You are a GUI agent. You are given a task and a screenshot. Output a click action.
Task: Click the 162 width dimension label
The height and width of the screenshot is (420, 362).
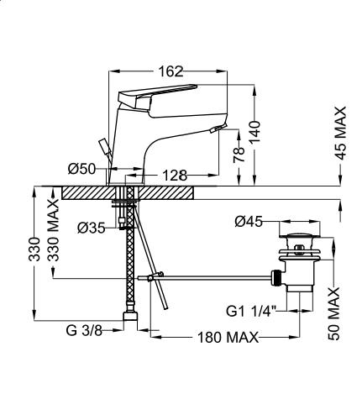coord(171,71)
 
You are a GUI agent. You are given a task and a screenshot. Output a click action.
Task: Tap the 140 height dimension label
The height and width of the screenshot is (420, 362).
coord(254,132)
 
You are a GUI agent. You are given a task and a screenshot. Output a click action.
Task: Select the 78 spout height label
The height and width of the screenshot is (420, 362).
coord(239,155)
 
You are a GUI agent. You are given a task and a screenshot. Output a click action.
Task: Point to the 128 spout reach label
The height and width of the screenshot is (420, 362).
coord(175,176)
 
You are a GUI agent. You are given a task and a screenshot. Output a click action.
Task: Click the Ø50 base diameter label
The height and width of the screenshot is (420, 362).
coord(81,169)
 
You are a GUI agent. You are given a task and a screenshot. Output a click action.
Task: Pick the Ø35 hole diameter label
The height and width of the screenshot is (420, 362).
coord(92,228)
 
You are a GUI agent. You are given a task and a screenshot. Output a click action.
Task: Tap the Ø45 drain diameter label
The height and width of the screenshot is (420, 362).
coord(249,222)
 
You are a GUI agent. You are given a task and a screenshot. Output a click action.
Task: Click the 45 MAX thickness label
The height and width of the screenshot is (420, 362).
coord(340,134)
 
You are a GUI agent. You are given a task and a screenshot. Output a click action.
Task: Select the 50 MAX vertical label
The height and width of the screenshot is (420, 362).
coord(333,313)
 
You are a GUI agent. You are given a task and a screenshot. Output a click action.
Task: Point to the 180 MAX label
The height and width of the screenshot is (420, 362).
coord(228,338)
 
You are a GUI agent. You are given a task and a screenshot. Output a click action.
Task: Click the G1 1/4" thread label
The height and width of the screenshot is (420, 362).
coord(251,312)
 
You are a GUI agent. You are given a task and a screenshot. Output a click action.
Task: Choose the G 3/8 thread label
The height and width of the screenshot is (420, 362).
coord(84,330)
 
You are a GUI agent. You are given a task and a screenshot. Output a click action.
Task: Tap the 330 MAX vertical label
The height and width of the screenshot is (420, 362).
coord(53,230)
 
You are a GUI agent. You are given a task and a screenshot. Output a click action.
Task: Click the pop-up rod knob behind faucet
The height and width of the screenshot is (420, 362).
coord(104,147)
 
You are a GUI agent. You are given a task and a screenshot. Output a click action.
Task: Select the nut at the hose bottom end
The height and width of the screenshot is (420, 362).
coord(130,317)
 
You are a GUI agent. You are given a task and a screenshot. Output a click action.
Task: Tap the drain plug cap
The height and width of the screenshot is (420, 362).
coord(300,235)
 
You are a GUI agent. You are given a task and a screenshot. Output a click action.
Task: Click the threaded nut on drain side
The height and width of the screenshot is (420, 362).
coord(275,277)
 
